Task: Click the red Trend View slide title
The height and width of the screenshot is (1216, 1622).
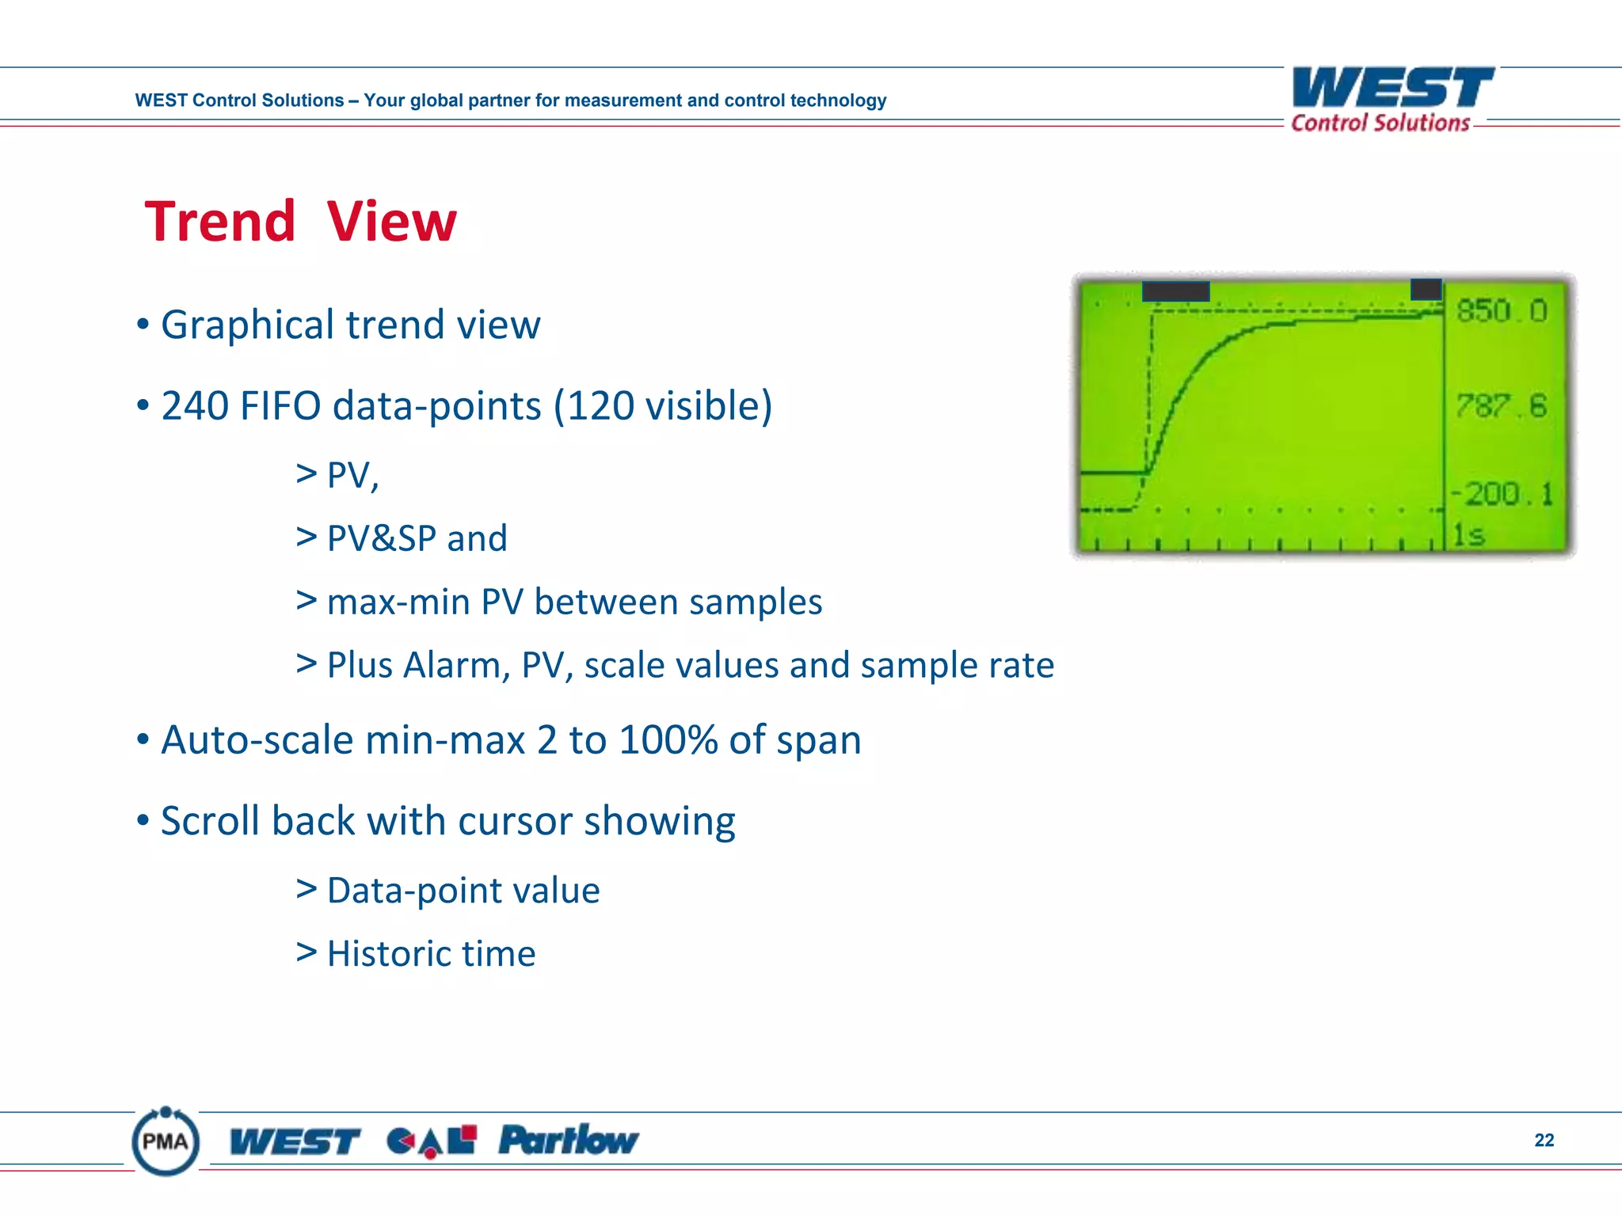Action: coord(300,221)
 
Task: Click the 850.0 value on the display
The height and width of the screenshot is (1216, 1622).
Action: coord(1502,311)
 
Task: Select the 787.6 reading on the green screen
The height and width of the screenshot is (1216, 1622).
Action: coord(1501,406)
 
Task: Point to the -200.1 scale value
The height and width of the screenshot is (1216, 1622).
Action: coord(1502,494)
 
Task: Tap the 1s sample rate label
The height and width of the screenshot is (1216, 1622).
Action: coord(1469,536)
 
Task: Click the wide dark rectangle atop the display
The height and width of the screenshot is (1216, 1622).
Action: coord(1175,291)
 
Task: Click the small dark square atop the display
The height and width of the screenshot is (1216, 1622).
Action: coord(1426,289)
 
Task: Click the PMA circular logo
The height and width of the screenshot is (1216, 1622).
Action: coord(166,1141)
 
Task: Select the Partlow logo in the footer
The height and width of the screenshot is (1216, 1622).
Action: coord(568,1141)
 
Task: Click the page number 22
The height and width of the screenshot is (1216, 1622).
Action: coord(1544,1140)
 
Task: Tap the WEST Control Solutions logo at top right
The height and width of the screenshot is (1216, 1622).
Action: coord(1392,99)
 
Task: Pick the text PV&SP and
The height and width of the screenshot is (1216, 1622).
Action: coord(417,538)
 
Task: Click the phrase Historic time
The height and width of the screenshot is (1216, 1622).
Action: coord(431,954)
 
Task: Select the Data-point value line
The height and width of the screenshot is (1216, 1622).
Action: coord(463,891)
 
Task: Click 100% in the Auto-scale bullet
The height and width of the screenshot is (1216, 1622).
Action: coord(668,740)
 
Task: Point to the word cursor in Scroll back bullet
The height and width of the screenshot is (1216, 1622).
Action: coord(515,821)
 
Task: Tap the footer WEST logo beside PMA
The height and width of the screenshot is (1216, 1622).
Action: coord(295,1142)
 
